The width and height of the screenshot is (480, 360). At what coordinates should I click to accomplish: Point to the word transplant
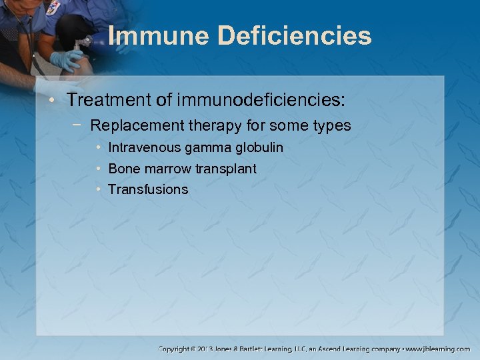pyautogui.click(x=225, y=169)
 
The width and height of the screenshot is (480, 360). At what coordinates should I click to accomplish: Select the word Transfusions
pyautogui.click(x=148, y=190)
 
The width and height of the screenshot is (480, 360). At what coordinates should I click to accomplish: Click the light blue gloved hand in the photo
pyautogui.click(x=66, y=61)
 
